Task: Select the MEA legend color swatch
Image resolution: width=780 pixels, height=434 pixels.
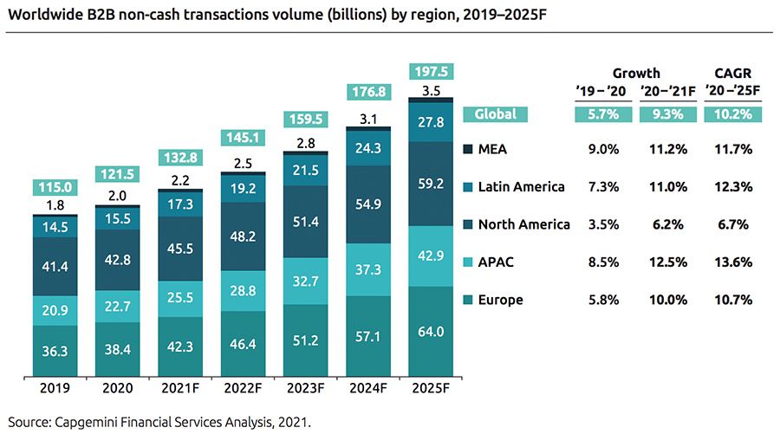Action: pyautogui.click(x=469, y=149)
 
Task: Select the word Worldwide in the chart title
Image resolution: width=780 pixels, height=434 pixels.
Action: pyautogui.click(x=40, y=16)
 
